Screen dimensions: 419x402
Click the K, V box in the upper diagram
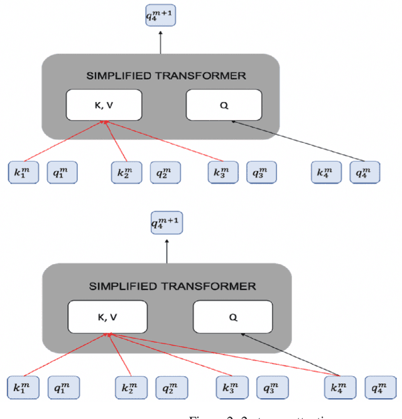(104, 104)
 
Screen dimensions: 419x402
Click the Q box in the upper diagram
(224, 104)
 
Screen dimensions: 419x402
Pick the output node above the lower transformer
(166, 223)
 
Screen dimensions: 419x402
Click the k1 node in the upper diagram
(23, 172)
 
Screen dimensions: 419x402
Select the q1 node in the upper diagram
(62, 172)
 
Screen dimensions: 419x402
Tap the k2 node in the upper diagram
(126, 172)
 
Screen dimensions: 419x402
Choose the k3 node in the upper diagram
(224, 172)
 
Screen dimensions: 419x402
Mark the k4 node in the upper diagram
(326, 172)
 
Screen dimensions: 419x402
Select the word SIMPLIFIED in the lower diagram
(121, 286)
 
